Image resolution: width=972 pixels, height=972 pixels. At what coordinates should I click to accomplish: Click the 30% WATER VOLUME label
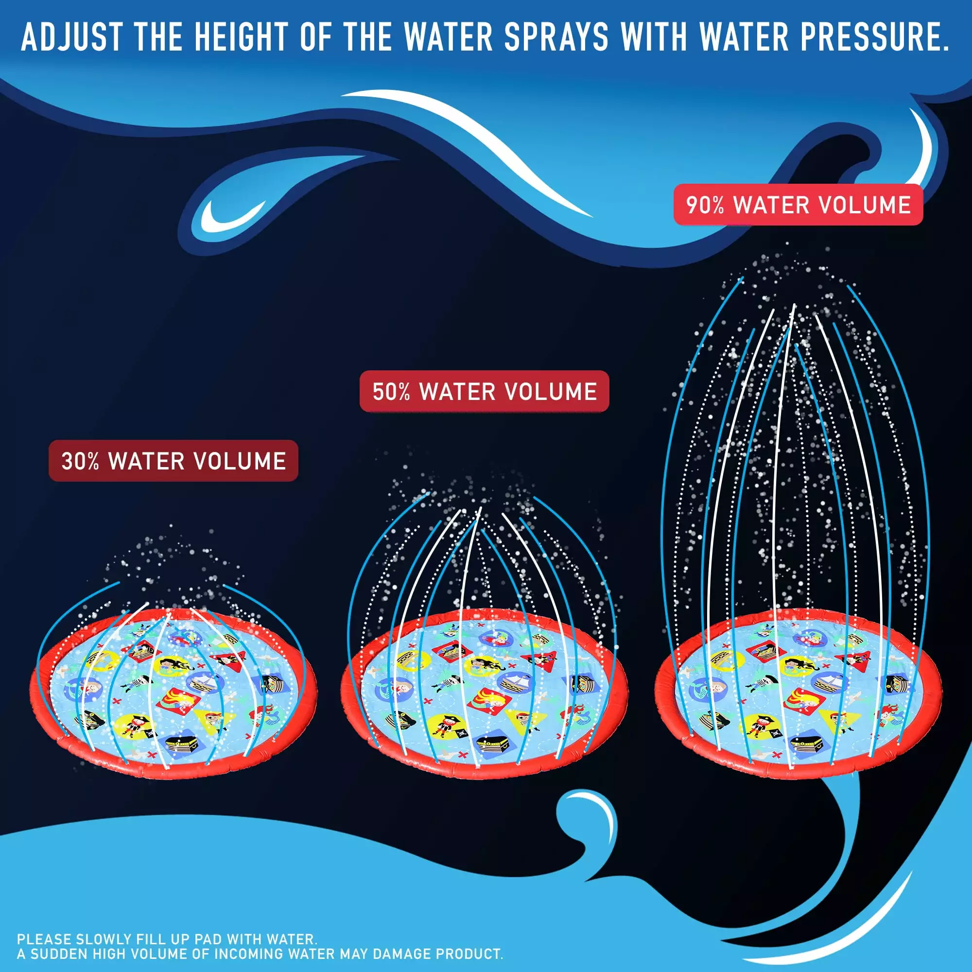(x=173, y=461)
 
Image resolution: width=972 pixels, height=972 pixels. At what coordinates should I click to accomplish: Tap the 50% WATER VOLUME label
(x=484, y=391)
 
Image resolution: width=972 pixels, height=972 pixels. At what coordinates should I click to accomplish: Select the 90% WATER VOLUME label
(x=798, y=205)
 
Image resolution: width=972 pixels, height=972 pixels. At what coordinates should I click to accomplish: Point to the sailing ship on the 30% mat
(x=205, y=682)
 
